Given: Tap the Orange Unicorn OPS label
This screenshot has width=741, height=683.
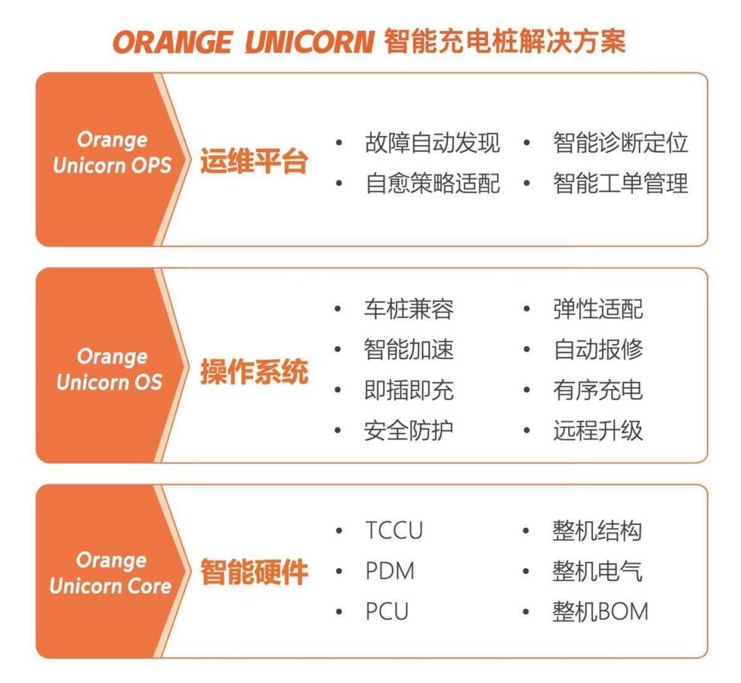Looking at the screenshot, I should [x=112, y=153].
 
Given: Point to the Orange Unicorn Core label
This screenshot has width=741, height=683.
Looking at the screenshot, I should [x=110, y=573].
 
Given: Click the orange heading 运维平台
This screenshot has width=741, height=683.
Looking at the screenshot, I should [x=254, y=163].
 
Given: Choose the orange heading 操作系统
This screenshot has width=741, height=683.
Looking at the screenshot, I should [x=254, y=372].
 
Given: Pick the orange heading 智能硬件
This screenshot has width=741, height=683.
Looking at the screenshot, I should [x=254, y=573].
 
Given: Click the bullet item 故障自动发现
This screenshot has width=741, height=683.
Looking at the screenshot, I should [x=432, y=143].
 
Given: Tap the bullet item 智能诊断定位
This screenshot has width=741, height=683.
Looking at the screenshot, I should [x=620, y=143].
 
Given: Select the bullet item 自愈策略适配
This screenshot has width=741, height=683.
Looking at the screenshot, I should [x=432, y=184].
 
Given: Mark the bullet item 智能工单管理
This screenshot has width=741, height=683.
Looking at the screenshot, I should [x=620, y=184].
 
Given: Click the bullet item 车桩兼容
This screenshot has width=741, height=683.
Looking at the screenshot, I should [x=408, y=309].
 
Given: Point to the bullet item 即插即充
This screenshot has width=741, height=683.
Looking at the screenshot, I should [x=408, y=390].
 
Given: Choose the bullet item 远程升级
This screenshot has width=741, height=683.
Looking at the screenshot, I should [x=597, y=430].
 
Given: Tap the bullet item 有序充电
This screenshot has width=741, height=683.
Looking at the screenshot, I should [x=597, y=390].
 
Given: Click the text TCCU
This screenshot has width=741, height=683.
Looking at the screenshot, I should [x=394, y=531].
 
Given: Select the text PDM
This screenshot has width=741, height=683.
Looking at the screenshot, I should [x=390, y=571].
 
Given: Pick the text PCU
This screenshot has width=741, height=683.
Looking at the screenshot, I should [x=387, y=611].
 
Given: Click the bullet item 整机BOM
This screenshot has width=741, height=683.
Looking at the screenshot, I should [x=601, y=611].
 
